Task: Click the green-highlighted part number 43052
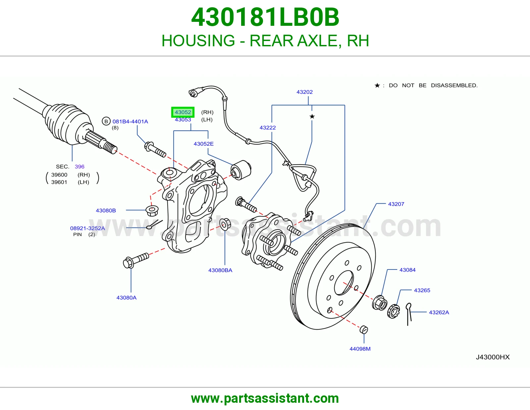(x=183, y=112)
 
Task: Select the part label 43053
(x=183, y=120)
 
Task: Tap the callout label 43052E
(x=203, y=143)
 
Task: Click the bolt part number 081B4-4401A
(x=130, y=121)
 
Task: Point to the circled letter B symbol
(x=106, y=121)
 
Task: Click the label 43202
(x=304, y=92)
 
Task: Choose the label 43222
(x=268, y=128)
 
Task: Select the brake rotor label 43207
(x=396, y=204)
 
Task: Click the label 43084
(x=407, y=270)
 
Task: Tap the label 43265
(x=422, y=290)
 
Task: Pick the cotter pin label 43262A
(x=439, y=312)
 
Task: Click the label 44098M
(x=360, y=349)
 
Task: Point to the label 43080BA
(x=220, y=270)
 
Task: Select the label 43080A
(x=126, y=298)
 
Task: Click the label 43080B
(x=106, y=210)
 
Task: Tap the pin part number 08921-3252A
(x=87, y=228)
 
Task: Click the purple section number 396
(x=79, y=167)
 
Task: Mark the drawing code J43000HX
(x=493, y=357)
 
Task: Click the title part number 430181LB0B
(x=265, y=17)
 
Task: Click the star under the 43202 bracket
(x=312, y=116)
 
